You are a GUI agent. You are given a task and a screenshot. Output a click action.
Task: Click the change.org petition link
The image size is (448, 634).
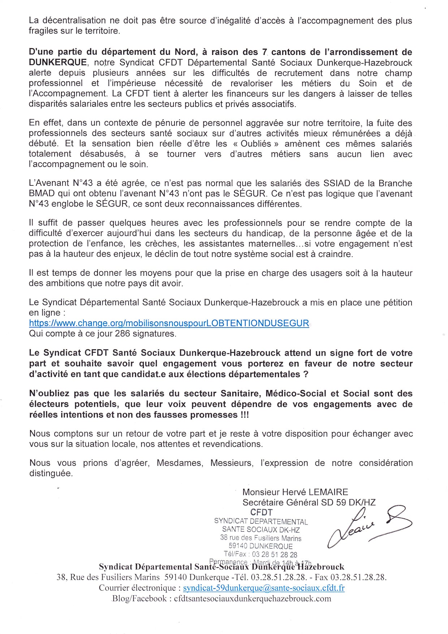(x=169, y=323)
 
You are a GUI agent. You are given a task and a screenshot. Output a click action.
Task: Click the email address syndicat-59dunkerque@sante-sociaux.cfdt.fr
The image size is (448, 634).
(x=264, y=588)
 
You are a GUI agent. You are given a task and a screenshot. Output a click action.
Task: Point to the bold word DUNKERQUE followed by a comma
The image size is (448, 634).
(x=58, y=63)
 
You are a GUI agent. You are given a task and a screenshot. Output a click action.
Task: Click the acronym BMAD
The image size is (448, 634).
(x=40, y=193)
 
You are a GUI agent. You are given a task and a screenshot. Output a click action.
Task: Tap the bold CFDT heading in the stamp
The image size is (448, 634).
(x=261, y=512)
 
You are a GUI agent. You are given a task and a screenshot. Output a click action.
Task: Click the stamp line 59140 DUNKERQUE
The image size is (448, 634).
(x=260, y=546)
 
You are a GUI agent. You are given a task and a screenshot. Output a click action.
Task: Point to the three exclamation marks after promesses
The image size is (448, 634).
(x=244, y=415)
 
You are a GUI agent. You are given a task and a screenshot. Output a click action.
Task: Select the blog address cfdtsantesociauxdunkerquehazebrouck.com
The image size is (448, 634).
(x=252, y=599)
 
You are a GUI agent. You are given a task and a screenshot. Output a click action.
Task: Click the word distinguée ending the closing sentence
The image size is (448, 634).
(x=51, y=473)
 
